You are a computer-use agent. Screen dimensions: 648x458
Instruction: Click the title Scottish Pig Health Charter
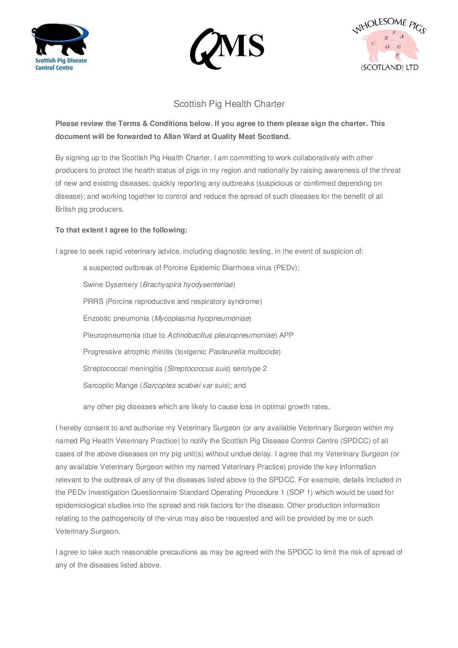coord(229,104)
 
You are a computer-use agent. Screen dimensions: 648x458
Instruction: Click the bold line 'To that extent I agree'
coord(121,230)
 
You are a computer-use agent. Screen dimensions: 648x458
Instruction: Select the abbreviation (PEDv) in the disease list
coord(286,268)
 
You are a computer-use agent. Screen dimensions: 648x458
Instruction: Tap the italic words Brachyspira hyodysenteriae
coord(187,284)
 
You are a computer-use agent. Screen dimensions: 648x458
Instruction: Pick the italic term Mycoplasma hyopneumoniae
coord(202,318)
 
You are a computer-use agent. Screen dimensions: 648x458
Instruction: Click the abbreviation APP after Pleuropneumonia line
coord(286,335)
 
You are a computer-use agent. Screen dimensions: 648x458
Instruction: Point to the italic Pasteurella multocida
coord(243,351)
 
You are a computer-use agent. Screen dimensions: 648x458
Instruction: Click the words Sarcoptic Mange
coord(110,385)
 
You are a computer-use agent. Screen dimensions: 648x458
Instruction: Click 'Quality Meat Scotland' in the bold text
coord(251,136)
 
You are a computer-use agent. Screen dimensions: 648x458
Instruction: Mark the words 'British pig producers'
coord(89,209)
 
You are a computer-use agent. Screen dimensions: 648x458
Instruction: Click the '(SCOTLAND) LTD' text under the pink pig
coord(390,68)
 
